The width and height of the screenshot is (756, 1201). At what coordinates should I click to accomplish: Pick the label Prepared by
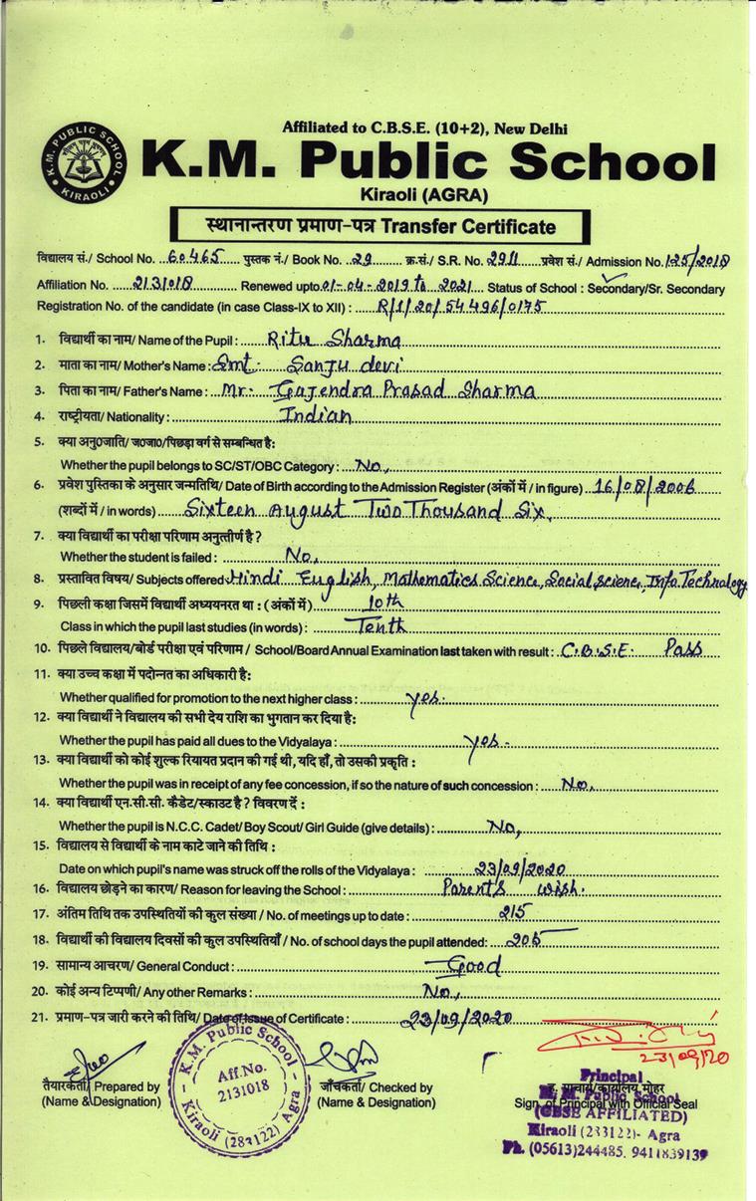128,1087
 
